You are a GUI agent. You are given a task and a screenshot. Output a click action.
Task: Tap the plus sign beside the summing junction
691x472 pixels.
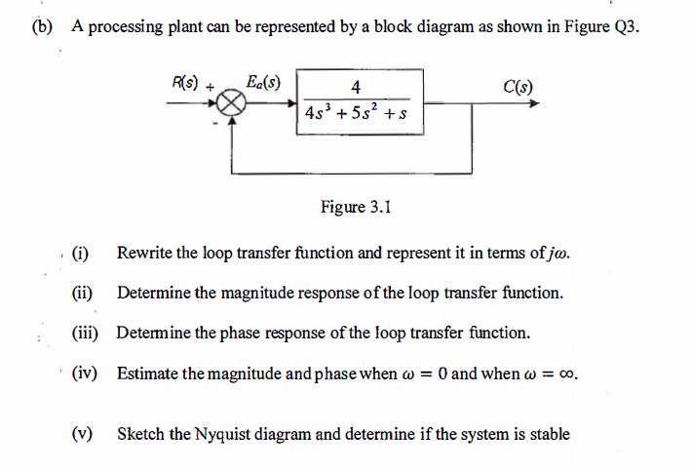tap(211, 86)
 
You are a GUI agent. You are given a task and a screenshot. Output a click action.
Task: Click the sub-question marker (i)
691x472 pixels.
tap(80, 254)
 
